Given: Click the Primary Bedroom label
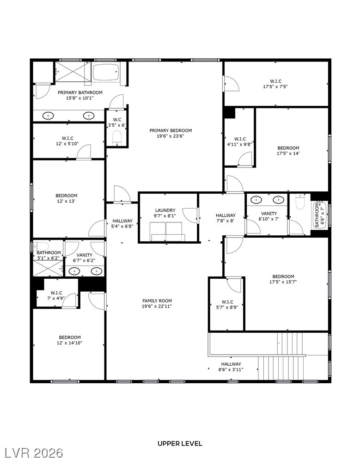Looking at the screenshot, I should pos(171,130).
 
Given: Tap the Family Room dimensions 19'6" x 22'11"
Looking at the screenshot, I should pos(157,307).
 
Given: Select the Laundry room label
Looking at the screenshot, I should pos(165,210).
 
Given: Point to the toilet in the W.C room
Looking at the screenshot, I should pos(116,137).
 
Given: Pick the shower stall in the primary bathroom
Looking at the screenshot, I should pos(73,72).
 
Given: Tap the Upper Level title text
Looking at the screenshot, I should pos(180,443).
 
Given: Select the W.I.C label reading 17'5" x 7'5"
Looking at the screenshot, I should pos(276,84).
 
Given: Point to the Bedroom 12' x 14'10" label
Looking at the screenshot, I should pos(69,340).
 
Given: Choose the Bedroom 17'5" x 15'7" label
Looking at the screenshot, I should pos(283,279).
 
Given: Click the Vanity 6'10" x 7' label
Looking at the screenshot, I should pos(268,216).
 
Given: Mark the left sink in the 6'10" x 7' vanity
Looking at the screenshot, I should pos(257,200).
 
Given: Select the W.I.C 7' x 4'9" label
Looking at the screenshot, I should pos(56,295).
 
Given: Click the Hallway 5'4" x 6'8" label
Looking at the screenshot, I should pos(122,224).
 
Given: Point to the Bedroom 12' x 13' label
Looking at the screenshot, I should pos(67,198).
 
